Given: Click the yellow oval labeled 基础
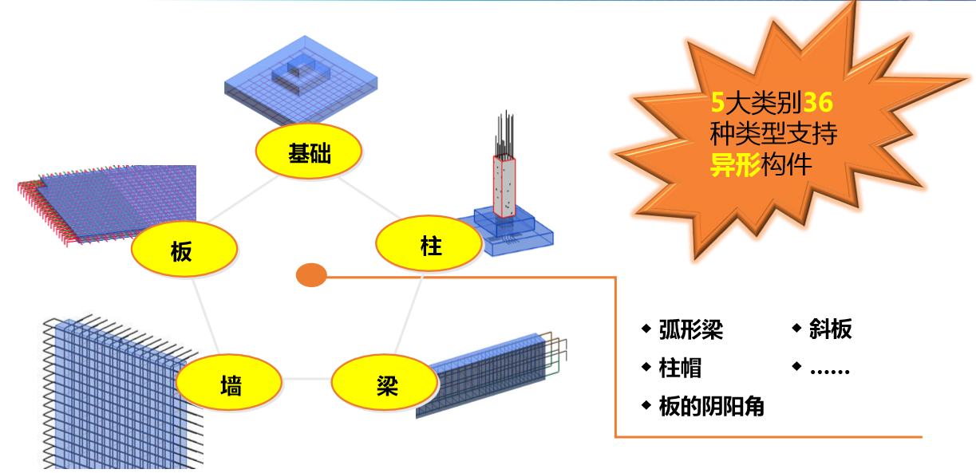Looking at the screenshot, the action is point(309,151).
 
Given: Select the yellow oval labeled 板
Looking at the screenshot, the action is point(184,249).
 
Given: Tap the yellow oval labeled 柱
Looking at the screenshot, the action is point(429,243).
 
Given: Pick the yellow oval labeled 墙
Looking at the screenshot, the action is point(229,382).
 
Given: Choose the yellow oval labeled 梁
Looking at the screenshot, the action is point(385,382).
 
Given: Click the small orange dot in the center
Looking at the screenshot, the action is point(311,275).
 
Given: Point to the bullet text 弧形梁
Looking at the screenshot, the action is point(691,329).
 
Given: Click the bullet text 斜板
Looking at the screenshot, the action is point(831,329).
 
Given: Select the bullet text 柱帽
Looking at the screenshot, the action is point(680,368).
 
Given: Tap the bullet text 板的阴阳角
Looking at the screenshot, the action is point(712,406).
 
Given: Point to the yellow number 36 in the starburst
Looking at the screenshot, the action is point(818,102).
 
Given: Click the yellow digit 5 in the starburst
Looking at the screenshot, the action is point(717,102).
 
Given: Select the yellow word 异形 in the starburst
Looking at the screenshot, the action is point(736,165).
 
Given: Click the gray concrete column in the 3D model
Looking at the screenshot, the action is point(504,187).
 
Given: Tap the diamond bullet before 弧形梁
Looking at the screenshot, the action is point(646,329).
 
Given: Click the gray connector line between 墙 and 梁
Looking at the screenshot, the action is point(306,379).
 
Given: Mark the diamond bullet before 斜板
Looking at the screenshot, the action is point(797,328).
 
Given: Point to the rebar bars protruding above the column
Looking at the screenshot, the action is point(504,134).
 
